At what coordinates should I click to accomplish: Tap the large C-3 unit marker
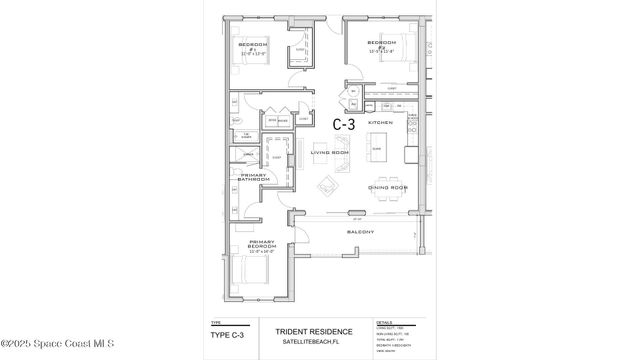(x=344, y=124)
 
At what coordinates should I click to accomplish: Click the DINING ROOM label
(x=387, y=187)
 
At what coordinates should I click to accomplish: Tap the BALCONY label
(x=360, y=232)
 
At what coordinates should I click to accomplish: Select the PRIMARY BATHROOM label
(x=246, y=178)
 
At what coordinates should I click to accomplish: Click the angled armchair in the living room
(x=327, y=188)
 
